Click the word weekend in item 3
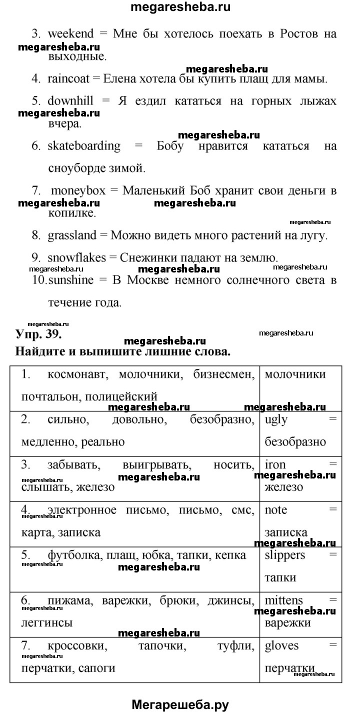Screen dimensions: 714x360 pos(70,34)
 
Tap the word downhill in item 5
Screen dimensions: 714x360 pos(70,100)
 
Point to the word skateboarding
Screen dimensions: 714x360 pos(84,146)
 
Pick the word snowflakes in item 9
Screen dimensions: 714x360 pos(76,258)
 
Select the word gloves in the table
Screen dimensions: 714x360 pos(281,645)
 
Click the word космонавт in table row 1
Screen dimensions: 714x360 pos(77,374)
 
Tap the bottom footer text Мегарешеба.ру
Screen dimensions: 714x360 pos(180,705)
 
